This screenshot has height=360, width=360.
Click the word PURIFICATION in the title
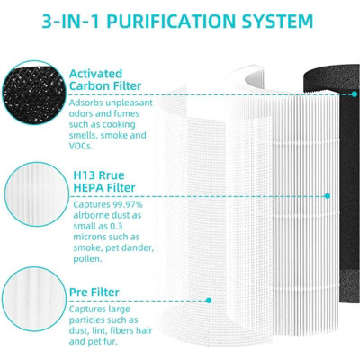coord(171,21)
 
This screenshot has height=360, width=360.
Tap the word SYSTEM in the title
coord(277,21)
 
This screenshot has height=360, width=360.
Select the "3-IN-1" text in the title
coord(71,21)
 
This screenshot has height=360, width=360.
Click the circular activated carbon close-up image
coord(33,93)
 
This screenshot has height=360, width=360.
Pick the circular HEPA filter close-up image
coord(37,194)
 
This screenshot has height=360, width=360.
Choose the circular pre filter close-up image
coord(33,299)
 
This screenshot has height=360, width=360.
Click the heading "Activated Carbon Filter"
coord(105,80)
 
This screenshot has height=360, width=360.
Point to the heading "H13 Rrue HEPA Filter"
coord(104,182)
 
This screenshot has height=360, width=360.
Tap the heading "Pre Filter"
coord(94,292)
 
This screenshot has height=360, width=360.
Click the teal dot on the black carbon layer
coord(355,94)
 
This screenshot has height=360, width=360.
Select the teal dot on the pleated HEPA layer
coord(328,196)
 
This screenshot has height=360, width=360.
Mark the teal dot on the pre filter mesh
coord(209,301)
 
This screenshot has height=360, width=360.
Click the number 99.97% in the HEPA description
coord(128,205)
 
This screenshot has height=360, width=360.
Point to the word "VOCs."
coord(81,147)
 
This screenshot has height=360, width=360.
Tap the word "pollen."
coord(88,259)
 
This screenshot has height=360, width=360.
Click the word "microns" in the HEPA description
coord(90,237)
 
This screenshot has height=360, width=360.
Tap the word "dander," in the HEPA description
coord(139,248)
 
